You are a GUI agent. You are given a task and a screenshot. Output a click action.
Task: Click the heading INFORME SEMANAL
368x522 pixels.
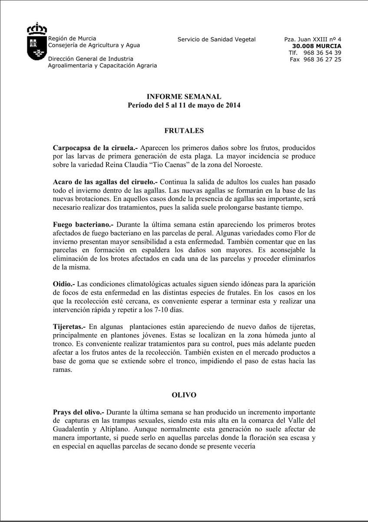pyautogui.click(x=184, y=97)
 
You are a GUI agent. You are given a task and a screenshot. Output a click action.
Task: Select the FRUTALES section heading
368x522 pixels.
pyautogui.click(x=184, y=130)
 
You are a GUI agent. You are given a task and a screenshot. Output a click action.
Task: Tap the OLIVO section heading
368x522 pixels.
pyautogui.click(x=184, y=395)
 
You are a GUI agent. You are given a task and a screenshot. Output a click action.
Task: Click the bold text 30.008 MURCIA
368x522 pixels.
pyautogui.click(x=317, y=46)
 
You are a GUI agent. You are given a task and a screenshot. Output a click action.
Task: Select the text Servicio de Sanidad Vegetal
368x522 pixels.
pyautogui.click(x=216, y=40)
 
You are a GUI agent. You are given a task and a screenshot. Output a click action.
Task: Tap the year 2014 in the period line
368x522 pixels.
pyautogui.click(x=232, y=105)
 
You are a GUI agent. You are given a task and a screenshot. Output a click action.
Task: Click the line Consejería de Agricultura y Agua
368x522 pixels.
pyautogui.click(x=94, y=45)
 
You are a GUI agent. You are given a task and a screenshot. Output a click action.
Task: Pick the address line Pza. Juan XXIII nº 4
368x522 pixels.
pyautogui.click(x=312, y=40)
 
